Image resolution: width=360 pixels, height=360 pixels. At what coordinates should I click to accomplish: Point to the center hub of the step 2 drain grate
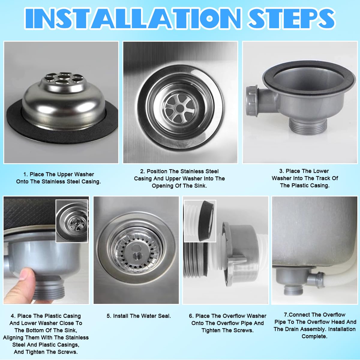[180, 108]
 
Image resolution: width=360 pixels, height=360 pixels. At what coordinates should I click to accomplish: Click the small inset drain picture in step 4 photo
[72, 221]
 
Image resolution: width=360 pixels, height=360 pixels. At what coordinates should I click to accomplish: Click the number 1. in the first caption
[26, 174]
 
